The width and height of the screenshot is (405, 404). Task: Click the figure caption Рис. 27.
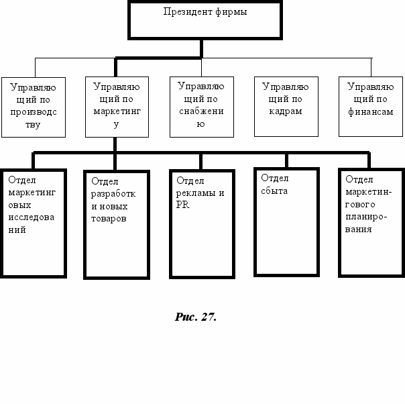196,317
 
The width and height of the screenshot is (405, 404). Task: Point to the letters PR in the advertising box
182,205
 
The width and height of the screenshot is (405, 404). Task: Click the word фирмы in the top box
231,12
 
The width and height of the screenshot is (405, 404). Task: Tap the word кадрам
286,111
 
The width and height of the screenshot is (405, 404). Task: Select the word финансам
371,111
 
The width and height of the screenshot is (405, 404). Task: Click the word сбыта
274,191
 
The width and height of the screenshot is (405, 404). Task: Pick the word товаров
109,219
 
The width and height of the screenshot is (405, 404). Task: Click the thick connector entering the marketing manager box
115,67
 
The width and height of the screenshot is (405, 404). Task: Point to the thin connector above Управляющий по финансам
371,67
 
